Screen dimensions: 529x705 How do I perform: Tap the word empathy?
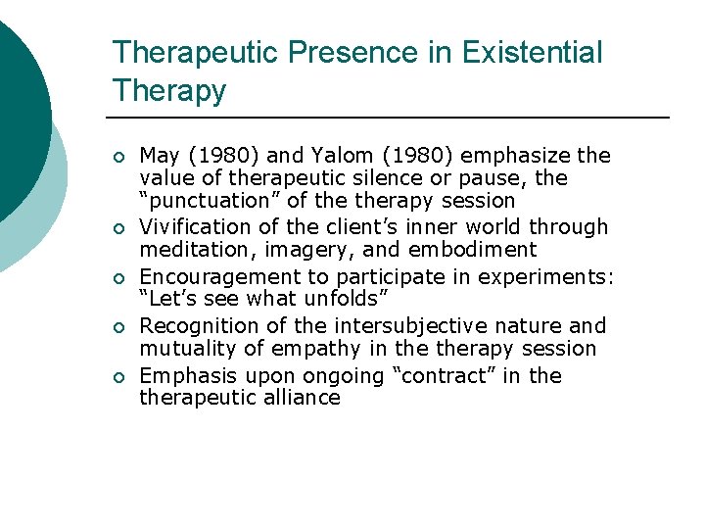pyautogui.click(x=312, y=348)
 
